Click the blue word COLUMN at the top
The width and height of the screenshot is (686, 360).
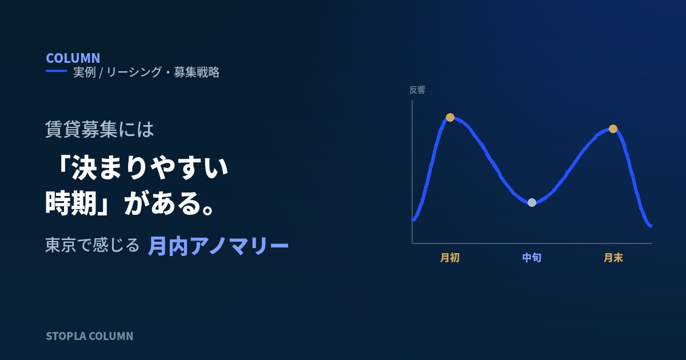tap(73, 58)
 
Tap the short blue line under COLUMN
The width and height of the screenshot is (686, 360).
tap(57, 71)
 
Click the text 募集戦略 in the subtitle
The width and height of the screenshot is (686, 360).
tap(197, 72)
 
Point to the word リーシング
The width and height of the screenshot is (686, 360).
tap(134, 72)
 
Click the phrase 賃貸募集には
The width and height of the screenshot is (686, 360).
tap(99, 129)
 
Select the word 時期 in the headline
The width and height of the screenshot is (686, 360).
tap(71, 203)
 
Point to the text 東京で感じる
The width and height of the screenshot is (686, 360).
tap(92, 245)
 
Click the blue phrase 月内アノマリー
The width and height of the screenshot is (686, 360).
tap(218, 246)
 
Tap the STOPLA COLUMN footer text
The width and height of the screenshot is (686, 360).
tap(89, 336)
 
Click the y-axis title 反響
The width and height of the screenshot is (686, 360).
tap(417, 90)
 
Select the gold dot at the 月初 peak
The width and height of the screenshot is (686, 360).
tap(450, 117)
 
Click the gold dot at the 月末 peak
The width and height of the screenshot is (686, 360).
tap(613, 129)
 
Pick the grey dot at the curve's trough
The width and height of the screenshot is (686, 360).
tap(532, 203)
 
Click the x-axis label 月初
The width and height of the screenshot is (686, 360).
tap(450, 258)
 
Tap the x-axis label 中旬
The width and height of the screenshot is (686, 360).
tap(532, 258)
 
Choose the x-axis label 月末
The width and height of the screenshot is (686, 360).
tap(613, 258)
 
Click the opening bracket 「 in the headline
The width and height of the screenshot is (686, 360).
tap(63, 165)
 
